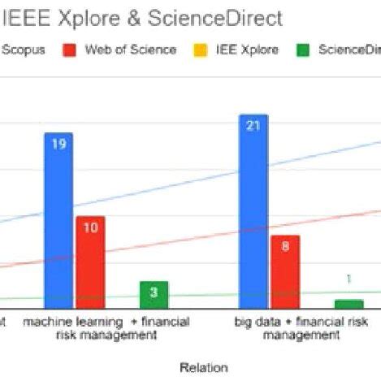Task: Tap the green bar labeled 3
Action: point(153,295)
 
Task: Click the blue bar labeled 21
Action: point(253,211)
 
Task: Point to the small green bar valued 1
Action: point(349,304)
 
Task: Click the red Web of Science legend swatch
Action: point(70,50)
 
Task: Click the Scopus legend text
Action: point(24,50)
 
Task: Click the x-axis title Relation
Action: point(203,367)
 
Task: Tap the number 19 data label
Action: point(58,145)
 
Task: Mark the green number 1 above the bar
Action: point(349,279)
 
